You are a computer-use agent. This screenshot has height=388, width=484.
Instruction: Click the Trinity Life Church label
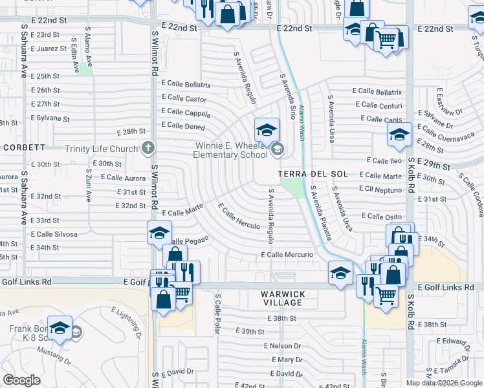pos(102,149)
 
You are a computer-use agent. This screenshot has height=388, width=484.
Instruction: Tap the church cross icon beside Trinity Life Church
pos(148,149)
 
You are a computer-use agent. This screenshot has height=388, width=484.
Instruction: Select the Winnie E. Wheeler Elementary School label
pos(232,150)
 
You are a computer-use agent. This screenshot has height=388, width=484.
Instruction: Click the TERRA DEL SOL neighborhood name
pos(313,175)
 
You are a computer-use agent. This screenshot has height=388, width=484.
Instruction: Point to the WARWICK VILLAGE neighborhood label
pos(282,298)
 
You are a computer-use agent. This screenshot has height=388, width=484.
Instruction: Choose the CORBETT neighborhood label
pos(23,147)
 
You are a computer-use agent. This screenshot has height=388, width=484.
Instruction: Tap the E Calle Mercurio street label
pos(287,255)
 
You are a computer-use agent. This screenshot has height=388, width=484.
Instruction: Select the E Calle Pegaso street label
pos(188,240)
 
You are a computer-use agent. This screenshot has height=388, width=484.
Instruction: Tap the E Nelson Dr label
pos(283,346)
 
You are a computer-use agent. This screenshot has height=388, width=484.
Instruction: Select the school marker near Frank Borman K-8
pos(60,329)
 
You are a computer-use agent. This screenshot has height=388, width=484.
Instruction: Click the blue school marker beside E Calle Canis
pos(399,135)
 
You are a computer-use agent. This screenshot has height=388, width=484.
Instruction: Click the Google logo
pos(21,380)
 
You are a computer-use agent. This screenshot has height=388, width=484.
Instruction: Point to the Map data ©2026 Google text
pos(443,383)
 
